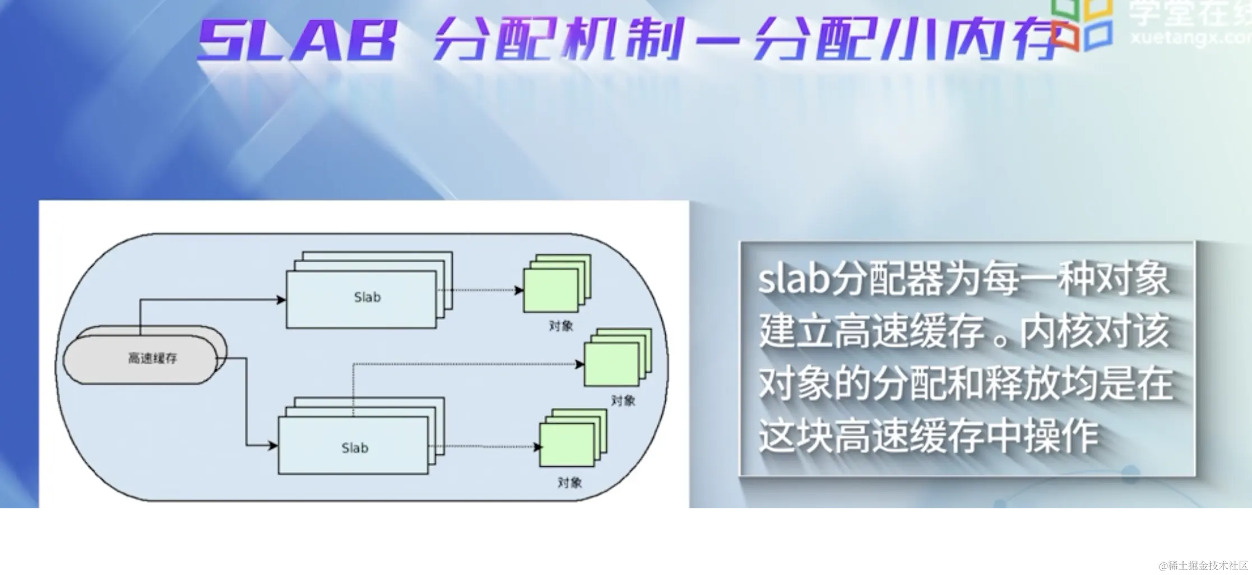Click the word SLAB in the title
(297, 41)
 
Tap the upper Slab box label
(367, 298)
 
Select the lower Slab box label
(355, 448)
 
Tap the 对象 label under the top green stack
(561, 326)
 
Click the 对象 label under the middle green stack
(623, 401)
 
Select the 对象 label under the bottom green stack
(570, 483)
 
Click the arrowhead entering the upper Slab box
(281, 300)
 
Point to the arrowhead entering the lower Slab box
(273, 446)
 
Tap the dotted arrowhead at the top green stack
(519, 290)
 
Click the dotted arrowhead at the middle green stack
(579, 364)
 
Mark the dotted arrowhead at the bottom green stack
(538, 447)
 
